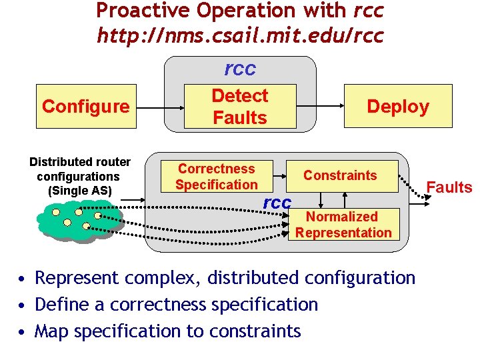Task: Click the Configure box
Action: [85, 106]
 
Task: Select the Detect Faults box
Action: [239, 107]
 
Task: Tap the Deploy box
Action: [398, 106]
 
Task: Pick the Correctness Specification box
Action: [216, 177]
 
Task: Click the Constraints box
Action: [340, 175]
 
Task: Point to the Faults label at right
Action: [449, 187]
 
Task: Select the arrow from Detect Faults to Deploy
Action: [320, 106]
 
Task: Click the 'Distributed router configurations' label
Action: [79, 169]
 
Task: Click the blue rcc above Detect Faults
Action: [240, 69]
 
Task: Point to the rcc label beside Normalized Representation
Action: [277, 203]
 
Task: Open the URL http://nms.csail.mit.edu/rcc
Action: [240, 34]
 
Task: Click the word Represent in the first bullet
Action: [77, 277]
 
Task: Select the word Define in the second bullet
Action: [57, 305]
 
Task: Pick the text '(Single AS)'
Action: [79, 191]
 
